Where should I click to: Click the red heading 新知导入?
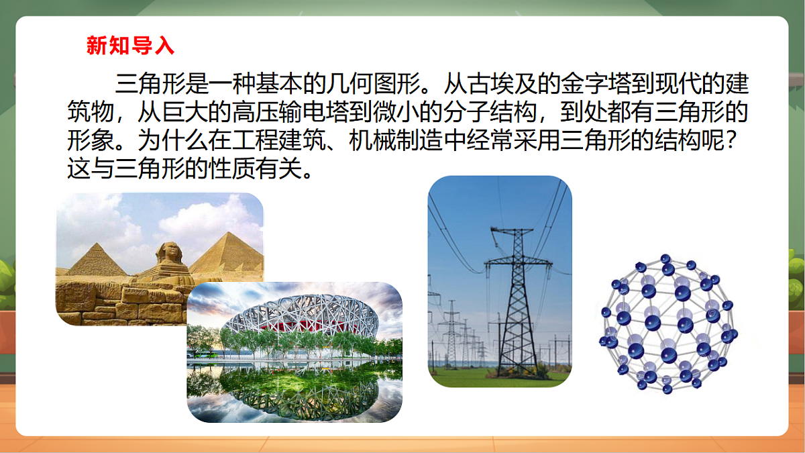[130, 46]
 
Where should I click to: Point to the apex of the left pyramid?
[98, 244]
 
